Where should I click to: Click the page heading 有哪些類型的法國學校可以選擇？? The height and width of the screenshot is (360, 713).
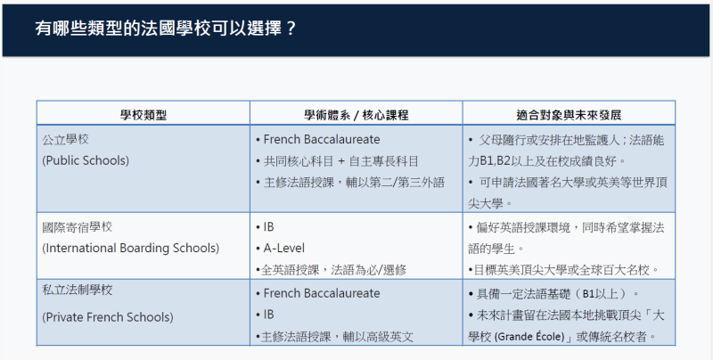click(166, 29)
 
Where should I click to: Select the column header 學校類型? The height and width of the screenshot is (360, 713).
click(143, 115)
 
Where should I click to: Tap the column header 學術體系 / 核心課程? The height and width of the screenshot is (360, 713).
click(356, 115)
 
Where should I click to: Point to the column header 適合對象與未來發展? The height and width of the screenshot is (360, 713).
click(569, 115)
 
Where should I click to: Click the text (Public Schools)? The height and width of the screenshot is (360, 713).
click(86, 160)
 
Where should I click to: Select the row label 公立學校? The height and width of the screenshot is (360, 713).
click(65, 139)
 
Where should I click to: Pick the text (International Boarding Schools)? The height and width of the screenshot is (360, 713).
click(130, 249)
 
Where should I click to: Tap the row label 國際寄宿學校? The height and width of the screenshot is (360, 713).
click(78, 227)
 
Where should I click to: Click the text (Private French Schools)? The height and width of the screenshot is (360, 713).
click(108, 317)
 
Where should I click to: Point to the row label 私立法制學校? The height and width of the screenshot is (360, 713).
click(78, 290)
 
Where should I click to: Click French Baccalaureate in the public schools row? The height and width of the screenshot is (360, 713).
click(322, 139)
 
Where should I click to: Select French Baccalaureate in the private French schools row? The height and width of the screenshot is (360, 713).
click(322, 293)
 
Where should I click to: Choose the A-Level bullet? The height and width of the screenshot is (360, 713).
click(283, 249)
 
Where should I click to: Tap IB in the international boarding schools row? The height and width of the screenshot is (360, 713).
click(269, 227)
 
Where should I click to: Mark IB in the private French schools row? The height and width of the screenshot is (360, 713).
click(269, 315)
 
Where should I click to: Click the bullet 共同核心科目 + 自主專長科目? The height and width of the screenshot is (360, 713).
click(340, 161)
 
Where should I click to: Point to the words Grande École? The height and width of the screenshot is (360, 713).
click(529, 337)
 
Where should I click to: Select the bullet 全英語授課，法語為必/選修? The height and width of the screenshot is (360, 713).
click(333, 270)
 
